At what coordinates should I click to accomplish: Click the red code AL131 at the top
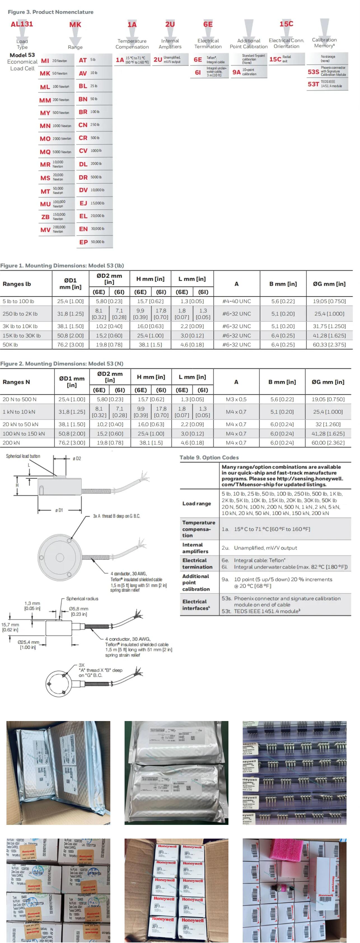click(22, 24)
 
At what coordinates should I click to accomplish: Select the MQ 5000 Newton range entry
click(56, 151)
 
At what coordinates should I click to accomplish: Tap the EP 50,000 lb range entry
click(94, 242)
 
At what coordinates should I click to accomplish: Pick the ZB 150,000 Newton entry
click(56, 217)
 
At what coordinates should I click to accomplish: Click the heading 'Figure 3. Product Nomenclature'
click(51, 12)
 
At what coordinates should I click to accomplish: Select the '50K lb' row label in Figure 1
click(10, 345)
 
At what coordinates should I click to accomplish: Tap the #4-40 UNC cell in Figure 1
click(237, 301)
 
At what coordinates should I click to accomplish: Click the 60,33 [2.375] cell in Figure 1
click(329, 345)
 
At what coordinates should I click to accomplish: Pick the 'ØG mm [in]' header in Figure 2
click(328, 382)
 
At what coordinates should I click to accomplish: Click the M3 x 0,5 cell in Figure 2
click(236, 399)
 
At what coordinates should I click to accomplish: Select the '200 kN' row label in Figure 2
click(11, 443)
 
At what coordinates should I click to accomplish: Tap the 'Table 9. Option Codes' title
click(209, 458)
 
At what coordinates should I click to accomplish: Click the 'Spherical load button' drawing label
click(23, 456)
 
